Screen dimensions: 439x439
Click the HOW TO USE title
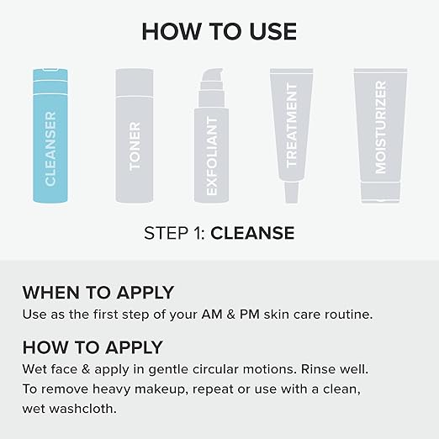(219, 31)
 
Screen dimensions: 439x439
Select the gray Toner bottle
(135, 139)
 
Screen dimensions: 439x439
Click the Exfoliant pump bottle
(211, 147)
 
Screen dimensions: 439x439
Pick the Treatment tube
(292, 126)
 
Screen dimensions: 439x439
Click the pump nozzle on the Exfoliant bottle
(211, 77)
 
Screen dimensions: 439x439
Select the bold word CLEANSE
(252, 233)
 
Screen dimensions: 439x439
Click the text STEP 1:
(175, 233)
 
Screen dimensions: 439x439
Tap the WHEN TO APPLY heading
(98, 293)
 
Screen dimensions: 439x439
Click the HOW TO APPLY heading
(93, 347)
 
